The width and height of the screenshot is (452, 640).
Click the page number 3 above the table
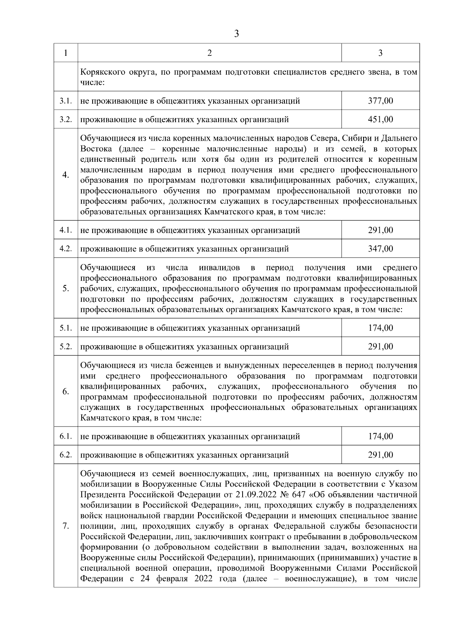click(236, 34)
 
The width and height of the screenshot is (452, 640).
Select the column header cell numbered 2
click(209, 53)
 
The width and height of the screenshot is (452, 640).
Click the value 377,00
click(380, 101)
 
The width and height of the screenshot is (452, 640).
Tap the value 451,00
click(380, 120)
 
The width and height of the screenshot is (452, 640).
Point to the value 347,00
click(380, 249)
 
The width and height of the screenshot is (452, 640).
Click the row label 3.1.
click(66, 101)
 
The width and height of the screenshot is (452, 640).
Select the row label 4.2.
click(66, 249)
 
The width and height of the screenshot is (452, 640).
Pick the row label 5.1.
click(66, 328)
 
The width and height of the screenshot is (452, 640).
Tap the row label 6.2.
click(66, 455)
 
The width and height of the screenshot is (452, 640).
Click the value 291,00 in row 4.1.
click(380, 230)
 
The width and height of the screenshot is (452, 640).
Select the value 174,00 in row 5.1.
click(380, 328)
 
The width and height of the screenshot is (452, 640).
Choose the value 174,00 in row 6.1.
click(380, 436)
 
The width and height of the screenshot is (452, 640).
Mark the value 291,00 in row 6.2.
click(380, 455)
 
